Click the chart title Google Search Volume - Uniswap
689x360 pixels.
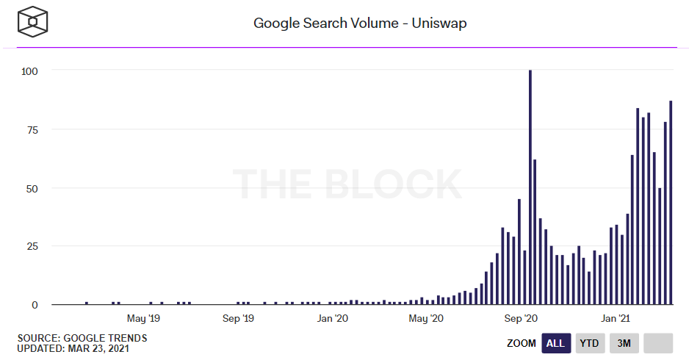360,23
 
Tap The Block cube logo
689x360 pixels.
33,23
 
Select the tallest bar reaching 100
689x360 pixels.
530,187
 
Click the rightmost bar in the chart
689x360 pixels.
671,203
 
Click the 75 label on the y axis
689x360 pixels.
32,129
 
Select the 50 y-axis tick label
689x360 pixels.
32,188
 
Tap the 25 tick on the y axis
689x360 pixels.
32,246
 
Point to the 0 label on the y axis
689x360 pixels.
35,304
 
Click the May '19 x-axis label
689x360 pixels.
143,319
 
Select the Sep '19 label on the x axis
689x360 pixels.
237,319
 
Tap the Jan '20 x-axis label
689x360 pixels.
332,319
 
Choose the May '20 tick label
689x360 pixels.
426,319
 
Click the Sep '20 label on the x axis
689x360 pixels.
522,319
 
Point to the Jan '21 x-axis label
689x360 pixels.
616,319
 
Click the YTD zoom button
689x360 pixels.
589,343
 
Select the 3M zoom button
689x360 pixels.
624,343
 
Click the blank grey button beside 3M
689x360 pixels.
658,343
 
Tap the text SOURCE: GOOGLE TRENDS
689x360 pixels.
82,338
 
